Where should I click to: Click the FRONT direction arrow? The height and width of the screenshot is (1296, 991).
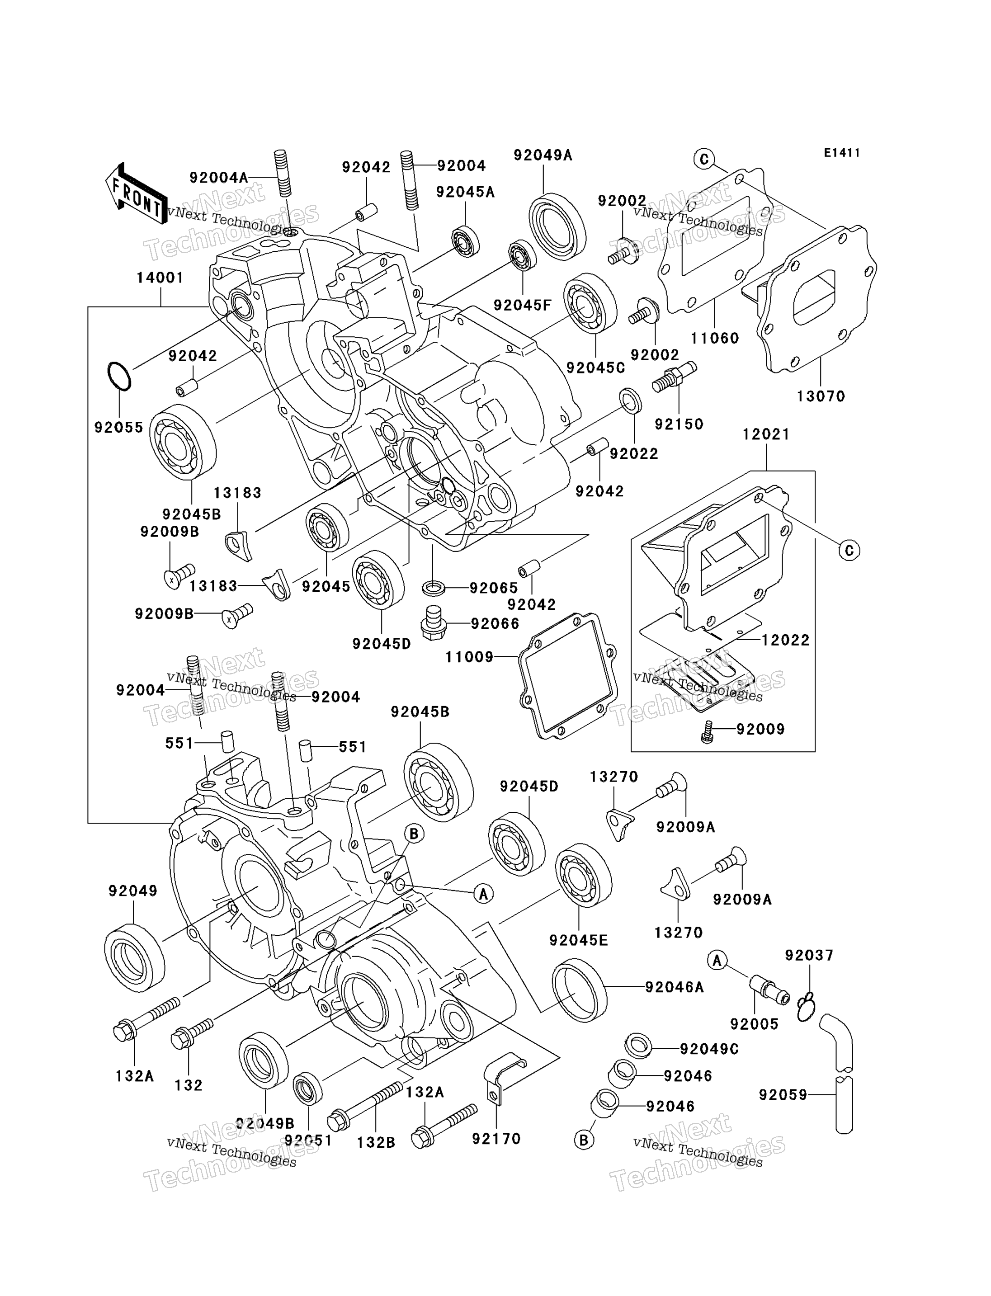[x=136, y=193]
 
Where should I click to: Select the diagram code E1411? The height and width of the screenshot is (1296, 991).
[x=842, y=153]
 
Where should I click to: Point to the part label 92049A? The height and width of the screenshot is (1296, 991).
[x=543, y=155]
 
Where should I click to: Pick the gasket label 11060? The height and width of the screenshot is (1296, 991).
[x=715, y=338]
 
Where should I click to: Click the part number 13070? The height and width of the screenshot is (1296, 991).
[x=821, y=396]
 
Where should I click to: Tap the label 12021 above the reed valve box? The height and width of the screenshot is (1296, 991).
[x=766, y=434]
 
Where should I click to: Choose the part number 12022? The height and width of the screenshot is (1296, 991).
[x=786, y=640]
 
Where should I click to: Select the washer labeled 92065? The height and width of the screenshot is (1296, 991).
[x=434, y=588]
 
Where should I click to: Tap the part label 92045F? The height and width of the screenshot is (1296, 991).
[x=523, y=305]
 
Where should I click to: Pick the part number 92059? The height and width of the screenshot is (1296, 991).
[x=783, y=1095]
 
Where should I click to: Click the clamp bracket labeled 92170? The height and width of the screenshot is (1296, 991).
[x=503, y=1078]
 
